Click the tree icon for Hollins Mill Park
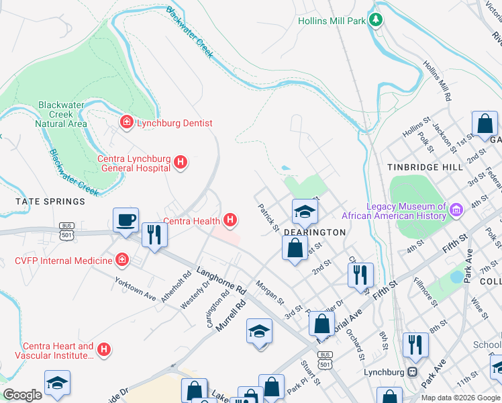377,20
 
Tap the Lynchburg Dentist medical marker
125,122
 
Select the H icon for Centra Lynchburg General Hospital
180,162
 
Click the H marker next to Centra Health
230,220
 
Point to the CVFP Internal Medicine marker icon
122,260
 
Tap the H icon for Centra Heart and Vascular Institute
103,349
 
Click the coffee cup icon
126,220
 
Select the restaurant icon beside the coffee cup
154,234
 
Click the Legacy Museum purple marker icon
457,211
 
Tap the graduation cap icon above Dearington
305,212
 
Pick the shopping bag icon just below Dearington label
295,248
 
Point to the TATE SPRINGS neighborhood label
52,201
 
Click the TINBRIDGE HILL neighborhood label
425,167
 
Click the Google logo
22,395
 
